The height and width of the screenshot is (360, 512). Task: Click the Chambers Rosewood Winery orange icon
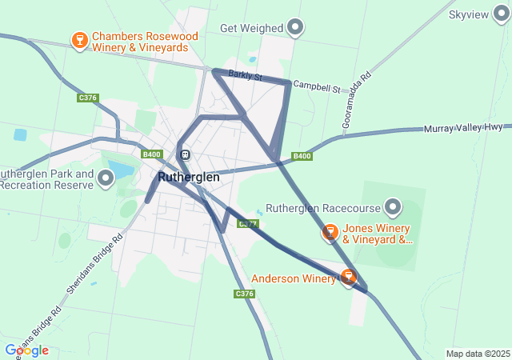(x=79, y=40)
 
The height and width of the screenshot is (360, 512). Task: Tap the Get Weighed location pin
(x=296, y=28)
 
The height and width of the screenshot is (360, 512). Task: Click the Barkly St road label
(x=245, y=76)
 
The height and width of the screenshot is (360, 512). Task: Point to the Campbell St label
(x=317, y=84)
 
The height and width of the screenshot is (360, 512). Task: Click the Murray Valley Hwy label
(x=462, y=128)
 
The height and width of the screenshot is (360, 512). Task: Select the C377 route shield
(x=247, y=223)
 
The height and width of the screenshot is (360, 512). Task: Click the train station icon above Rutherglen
(x=185, y=154)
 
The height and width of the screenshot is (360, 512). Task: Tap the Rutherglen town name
(x=188, y=177)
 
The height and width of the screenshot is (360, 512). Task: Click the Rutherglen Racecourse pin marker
(x=393, y=208)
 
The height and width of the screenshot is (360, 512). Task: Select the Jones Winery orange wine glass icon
(x=330, y=233)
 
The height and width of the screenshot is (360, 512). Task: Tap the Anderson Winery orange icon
(x=348, y=278)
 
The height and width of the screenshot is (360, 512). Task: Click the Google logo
(x=26, y=350)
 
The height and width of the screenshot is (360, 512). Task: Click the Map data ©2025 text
(x=477, y=354)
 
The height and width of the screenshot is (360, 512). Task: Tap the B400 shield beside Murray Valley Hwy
(x=302, y=156)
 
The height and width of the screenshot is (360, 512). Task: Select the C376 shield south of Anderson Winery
(x=245, y=294)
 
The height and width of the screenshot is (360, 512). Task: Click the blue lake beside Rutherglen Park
(x=120, y=170)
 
